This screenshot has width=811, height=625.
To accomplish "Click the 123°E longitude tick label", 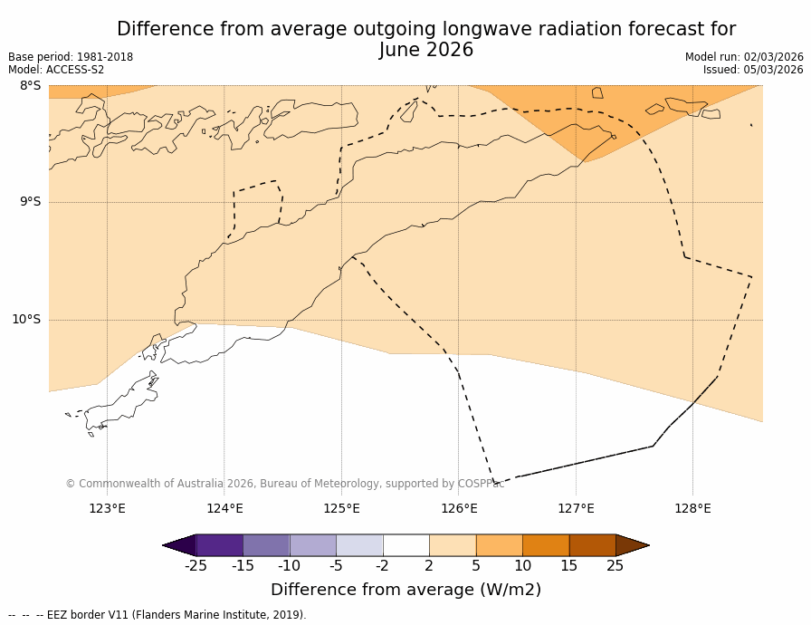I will click(x=107, y=509).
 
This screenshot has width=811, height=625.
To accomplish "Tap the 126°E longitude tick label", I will click(x=459, y=509).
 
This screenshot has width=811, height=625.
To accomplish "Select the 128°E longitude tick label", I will click(x=692, y=509).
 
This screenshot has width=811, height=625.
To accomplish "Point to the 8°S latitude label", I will click(x=30, y=86).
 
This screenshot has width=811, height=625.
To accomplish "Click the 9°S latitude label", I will click(x=30, y=202).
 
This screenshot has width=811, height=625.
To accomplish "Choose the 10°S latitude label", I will click(x=26, y=320).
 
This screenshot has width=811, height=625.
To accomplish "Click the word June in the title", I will click(x=399, y=51).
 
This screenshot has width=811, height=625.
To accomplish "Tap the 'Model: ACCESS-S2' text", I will click(x=56, y=70).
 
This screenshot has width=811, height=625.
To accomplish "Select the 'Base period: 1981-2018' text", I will click(x=71, y=57).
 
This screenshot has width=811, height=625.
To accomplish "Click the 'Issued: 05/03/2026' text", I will click(x=753, y=70).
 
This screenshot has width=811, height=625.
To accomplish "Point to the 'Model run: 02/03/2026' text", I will click(x=744, y=57).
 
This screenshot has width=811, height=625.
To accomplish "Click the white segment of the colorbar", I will click(x=405, y=545).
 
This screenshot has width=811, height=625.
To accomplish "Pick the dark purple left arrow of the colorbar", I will click(x=180, y=545).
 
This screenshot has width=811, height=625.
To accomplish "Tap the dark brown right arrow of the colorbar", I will click(x=632, y=545).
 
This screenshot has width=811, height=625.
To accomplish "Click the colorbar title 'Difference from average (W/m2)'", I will click(x=405, y=590).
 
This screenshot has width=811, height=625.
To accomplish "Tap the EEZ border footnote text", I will click(x=157, y=616).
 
